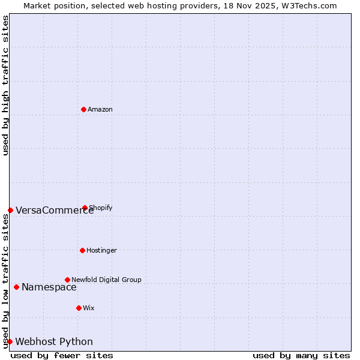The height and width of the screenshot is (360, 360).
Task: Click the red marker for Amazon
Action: coord(84,109)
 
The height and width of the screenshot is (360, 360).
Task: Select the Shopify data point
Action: coord(85,208)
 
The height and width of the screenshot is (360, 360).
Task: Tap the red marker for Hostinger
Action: coord(82,250)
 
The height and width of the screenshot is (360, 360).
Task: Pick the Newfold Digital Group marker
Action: coord(67,280)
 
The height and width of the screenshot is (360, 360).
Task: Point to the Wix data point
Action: coord(79,308)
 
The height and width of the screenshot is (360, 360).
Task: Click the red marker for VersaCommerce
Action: coord(10,210)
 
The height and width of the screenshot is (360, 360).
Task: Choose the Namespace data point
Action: coord(16,287)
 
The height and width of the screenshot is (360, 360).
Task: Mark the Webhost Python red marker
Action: coord(10,341)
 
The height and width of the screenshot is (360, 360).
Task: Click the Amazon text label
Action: coord(100,109)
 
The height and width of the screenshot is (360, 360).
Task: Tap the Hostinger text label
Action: coord(101,250)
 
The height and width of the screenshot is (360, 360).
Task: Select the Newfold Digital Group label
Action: coord(106,280)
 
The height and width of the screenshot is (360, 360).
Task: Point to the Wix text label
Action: coord(89,308)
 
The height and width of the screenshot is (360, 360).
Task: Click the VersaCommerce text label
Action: coord(55,210)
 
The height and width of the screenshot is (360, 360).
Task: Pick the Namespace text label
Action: coord(49,287)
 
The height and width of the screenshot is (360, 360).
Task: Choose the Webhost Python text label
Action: coord(54,341)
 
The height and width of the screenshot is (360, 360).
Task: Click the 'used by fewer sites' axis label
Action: coord(62,355)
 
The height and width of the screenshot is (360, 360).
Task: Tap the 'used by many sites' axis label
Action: coord(301,355)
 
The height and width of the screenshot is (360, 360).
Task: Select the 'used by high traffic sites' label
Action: coord(5,85)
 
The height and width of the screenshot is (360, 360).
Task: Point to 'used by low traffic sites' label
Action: coord(5,280)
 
